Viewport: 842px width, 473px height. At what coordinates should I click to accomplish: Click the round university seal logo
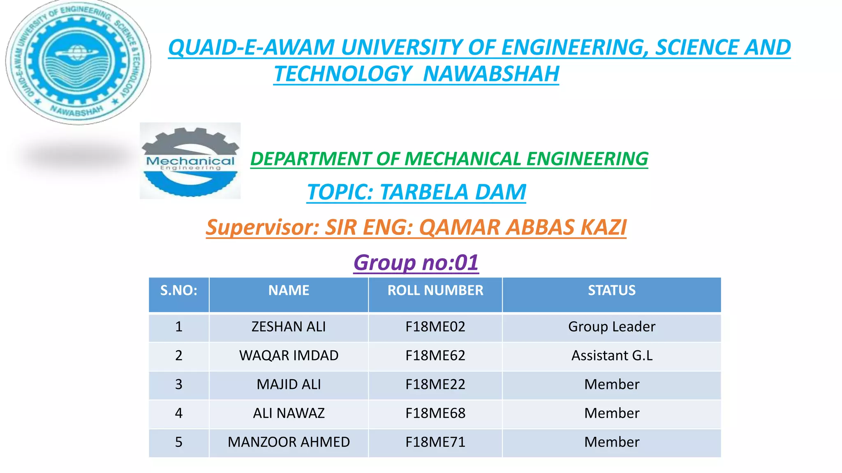click(x=78, y=62)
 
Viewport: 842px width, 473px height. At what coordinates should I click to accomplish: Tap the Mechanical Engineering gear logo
click(x=190, y=161)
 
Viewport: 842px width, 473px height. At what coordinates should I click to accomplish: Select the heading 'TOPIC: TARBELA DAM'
click(x=416, y=192)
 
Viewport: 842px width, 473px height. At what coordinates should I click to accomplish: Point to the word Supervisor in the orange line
click(x=261, y=227)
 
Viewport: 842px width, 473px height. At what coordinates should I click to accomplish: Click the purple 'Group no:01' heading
click(x=416, y=262)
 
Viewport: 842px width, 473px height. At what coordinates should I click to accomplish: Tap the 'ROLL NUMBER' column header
click(x=435, y=291)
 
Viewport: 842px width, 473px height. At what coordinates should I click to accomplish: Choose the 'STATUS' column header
click(x=611, y=291)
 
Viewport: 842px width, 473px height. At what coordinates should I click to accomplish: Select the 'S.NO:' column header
click(x=178, y=291)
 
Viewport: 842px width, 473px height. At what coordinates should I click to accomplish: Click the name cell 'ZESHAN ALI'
click(x=289, y=327)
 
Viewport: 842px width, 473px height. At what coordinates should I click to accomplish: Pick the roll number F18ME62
click(x=435, y=356)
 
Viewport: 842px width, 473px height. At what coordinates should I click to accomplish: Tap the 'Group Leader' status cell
click(x=611, y=327)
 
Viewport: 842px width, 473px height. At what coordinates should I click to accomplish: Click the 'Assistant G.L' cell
click(x=611, y=356)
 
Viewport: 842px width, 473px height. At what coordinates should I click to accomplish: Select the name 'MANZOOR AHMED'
click(x=289, y=442)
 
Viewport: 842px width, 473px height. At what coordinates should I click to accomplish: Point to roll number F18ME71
click(x=435, y=442)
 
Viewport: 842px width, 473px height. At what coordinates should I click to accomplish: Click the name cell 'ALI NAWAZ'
click(x=289, y=413)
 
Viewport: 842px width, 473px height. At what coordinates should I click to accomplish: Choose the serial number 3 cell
click(x=178, y=384)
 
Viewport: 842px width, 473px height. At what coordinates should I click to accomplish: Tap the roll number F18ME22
click(x=435, y=384)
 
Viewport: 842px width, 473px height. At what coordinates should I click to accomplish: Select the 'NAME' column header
click(x=289, y=291)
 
